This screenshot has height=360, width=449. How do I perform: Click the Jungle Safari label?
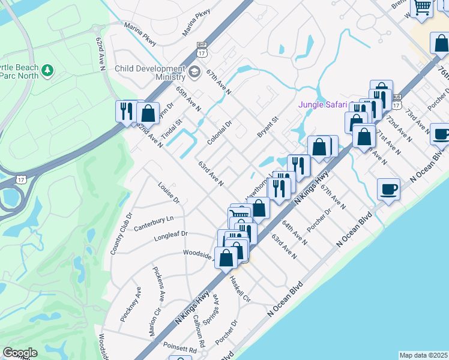[323, 104]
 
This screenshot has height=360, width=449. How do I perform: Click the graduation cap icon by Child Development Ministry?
[193, 73]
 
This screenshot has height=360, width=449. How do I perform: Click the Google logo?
[20, 353]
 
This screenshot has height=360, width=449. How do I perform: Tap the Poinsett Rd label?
[180, 349]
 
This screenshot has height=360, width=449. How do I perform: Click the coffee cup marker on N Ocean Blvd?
[388, 190]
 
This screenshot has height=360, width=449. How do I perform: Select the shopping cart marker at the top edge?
[423, 7]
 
